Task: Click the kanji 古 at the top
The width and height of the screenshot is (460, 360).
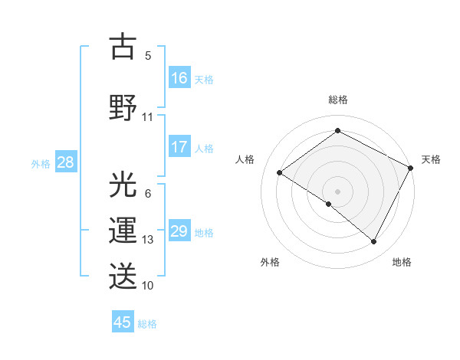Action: pyautogui.click(x=123, y=47)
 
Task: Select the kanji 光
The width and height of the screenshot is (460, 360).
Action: pyautogui.click(x=123, y=185)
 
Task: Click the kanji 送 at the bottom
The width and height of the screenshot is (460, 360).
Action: pyautogui.click(x=123, y=275)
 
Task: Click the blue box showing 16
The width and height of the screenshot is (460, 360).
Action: pyautogui.click(x=179, y=77)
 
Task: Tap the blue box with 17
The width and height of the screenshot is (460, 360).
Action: pyautogui.click(x=179, y=147)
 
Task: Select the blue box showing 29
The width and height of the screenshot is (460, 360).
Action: pyautogui.click(x=179, y=231)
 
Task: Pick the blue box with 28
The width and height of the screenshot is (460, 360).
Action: pyautogui.click(x=65, y=162)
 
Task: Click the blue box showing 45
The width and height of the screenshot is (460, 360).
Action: pyautogui.click(x=123, y=322)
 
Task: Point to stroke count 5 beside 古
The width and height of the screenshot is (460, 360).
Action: pyautogui.click(x=148, y=55)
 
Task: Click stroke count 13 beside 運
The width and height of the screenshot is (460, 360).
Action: pyautogui.click(x=148, y=240)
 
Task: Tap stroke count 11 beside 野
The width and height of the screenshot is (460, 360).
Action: pyautogui.click(x=148, y=117)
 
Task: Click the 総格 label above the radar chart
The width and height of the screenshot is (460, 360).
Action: pyautogui.click(x=337, y=100)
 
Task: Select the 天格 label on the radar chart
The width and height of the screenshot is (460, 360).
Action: pyautogui.click(x=431, y=159)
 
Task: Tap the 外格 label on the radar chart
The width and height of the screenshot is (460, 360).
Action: pyautogui.click(x=270, y=262)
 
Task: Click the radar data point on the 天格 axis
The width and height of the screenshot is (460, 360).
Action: pyautogui.click(x=411, y=168)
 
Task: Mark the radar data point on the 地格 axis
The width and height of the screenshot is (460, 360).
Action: pyautogui.click(x=374, y=242)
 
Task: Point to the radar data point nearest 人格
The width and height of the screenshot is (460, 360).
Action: pyautogui.click(x=280, y=173)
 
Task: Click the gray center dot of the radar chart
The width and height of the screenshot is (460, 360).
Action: pyautogui.click(x=337, y=191)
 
